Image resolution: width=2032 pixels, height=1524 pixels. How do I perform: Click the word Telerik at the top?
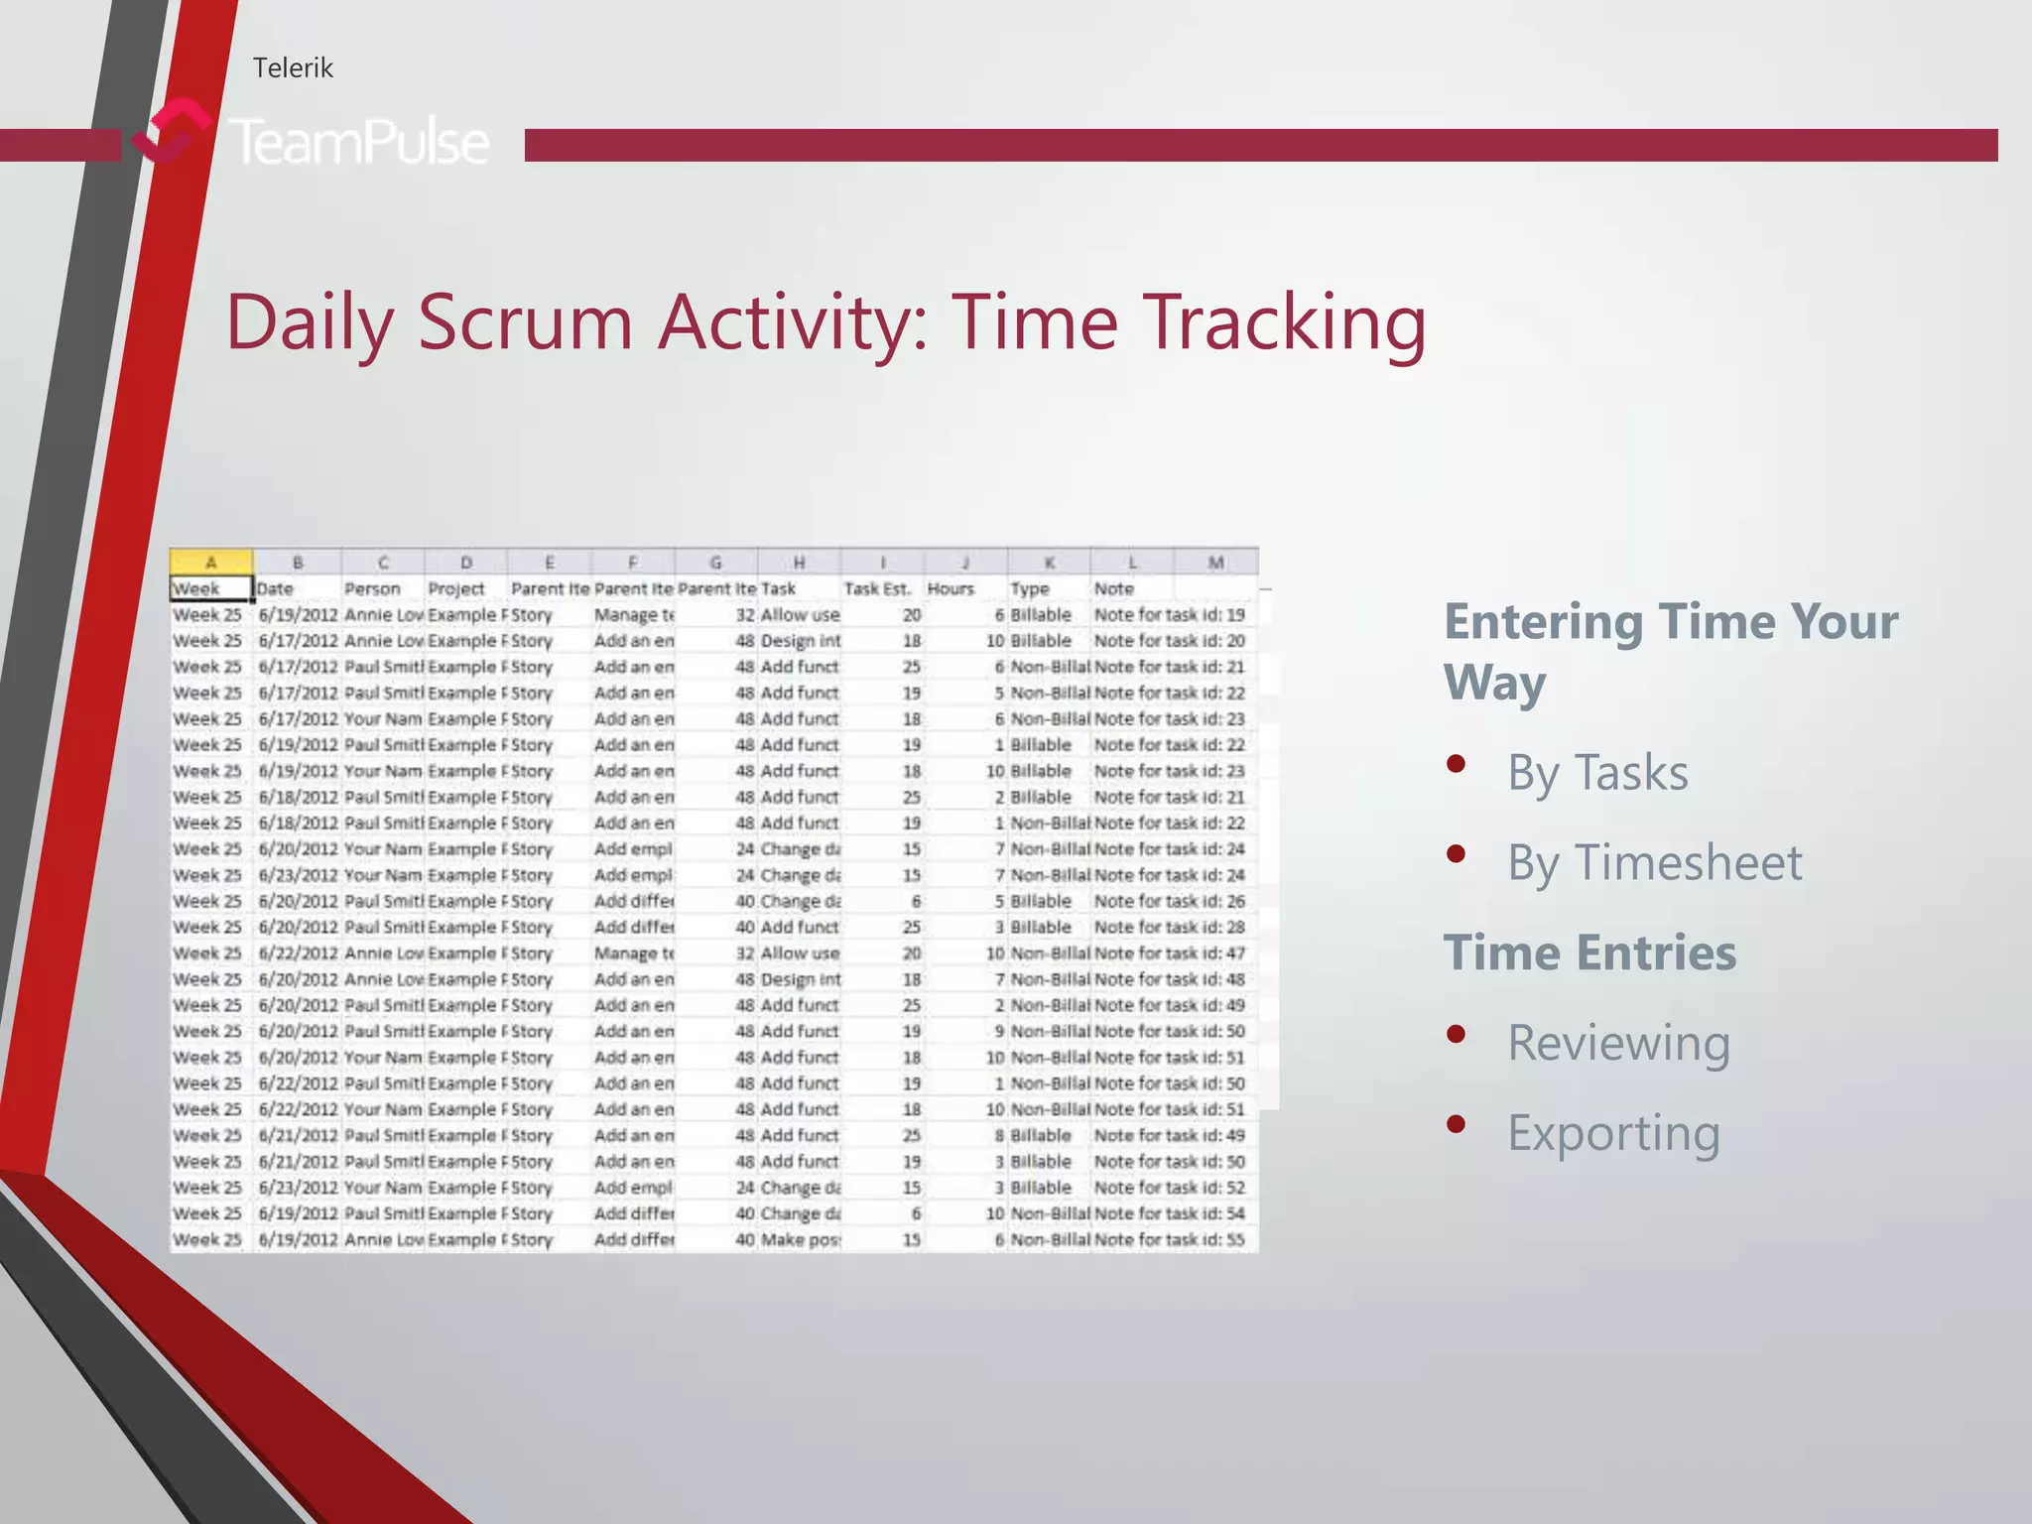click(293, 67)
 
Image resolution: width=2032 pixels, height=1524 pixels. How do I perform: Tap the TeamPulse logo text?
click(359, 142)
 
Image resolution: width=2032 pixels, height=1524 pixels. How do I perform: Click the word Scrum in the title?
click(525, 321)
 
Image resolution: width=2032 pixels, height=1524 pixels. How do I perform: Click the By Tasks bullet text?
click(1596, 773)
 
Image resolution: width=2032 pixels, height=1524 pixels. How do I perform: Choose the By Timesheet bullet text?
click(1654, 862)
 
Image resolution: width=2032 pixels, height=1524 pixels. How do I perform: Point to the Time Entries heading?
click(1589, 952)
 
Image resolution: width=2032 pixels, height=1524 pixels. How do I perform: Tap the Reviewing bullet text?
click(1618, 1043)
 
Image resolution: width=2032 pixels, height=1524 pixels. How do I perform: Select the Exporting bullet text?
click(1613, 1133)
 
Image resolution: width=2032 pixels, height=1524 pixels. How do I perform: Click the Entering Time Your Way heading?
click(1670, 651)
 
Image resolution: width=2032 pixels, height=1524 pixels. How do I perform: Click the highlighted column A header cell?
click(210, 563)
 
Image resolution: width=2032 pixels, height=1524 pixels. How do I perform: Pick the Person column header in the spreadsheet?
click(373, 588)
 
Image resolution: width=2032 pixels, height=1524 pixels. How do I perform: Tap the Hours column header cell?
click(951, 588)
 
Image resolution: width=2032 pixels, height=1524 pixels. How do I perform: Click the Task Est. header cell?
click(877, 588)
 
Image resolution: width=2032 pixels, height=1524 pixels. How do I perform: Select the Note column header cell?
click(1114, 588)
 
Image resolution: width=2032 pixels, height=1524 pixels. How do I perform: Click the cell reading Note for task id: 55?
click(1169, 1239)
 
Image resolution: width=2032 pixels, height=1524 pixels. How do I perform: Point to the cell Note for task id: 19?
click(1169, 614)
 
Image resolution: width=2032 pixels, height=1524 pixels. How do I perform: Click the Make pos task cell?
click(800, 1239)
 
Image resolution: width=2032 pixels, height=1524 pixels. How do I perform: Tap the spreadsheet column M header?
click(1215, 563)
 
